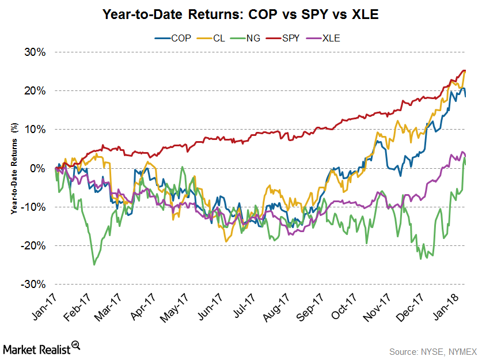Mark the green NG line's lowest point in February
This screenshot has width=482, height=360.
pyautogui.click(x=94, y=264)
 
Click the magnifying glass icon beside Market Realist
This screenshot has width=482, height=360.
pyautogui.click(x=75, y=346)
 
